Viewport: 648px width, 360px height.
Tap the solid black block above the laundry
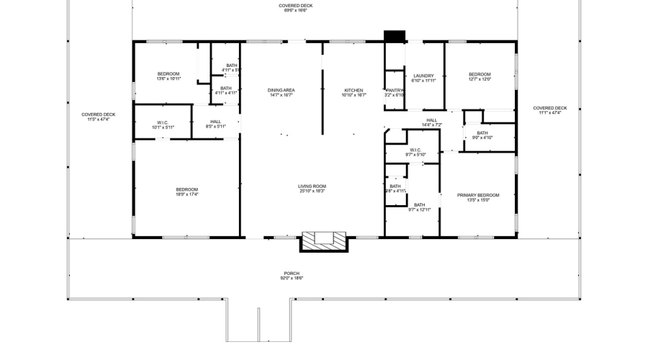395,35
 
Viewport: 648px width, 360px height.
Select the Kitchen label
353,92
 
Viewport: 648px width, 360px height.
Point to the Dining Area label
282,92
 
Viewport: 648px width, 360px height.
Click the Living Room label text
312,189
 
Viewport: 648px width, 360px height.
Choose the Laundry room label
423,78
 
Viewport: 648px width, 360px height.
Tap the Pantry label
394,92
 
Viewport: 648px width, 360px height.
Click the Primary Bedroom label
478,197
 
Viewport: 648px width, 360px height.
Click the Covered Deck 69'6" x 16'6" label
296,8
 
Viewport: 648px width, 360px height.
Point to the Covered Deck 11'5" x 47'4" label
98,117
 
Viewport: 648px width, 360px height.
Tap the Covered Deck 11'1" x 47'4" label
550,110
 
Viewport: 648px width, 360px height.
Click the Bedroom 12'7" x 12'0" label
480,77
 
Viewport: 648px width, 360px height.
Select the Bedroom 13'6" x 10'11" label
168,77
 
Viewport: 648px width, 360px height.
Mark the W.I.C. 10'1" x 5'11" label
163,125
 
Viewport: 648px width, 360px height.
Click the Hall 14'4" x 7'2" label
431,122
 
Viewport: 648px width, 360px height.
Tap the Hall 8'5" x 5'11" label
216,124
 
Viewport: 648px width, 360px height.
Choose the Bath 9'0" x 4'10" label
482,135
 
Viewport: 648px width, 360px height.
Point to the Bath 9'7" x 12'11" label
419,207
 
